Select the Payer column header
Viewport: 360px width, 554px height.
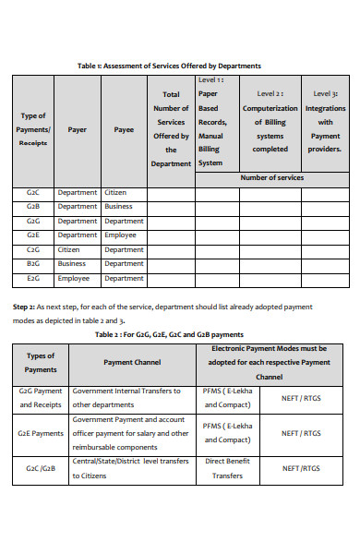click(78, 130)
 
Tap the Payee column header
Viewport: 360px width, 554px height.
click(124, 130)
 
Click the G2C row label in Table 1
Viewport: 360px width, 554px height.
click(32, 193)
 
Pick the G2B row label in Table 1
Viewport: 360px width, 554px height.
click(32, 207)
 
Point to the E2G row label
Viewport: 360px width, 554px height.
click(32, 278)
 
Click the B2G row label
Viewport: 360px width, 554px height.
click(32, 263)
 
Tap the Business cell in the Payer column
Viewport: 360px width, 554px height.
click(73, 263)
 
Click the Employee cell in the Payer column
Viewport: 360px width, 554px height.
click(74, 278)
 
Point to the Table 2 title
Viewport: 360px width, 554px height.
click(182, 334)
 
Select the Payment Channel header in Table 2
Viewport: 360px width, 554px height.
click(133, 363)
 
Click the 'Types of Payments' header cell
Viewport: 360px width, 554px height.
click(41, 362)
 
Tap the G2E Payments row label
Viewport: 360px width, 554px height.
click(41, 432)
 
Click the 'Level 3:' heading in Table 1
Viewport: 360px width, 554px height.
click(325, 94)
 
